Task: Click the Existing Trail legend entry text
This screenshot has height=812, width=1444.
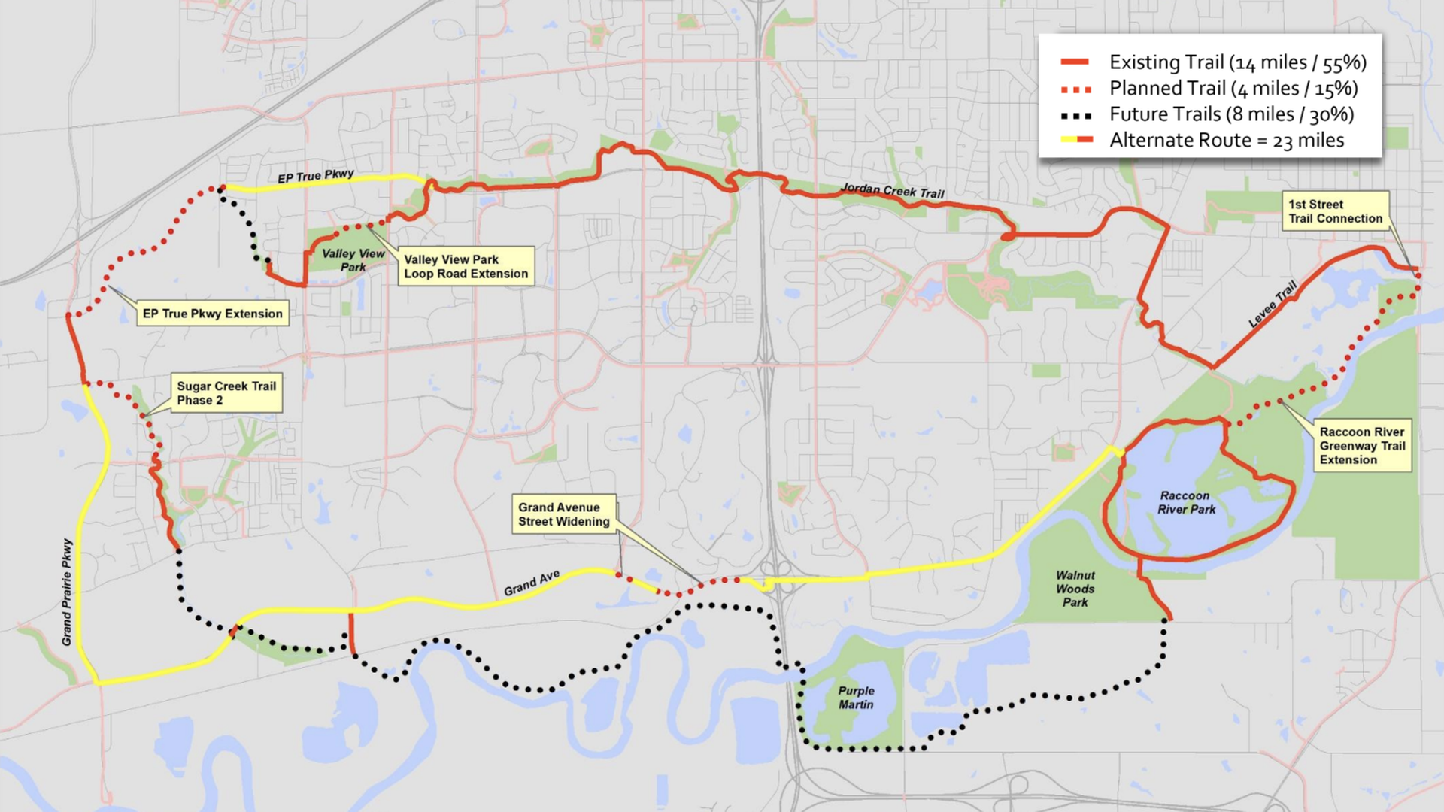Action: pyautogui.click(x=1237, y=62)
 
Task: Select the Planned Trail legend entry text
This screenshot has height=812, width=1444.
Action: pyautogui.click(x=1233, y=89)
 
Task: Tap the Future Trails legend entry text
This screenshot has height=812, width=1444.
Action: pyautogui.click(x=1231, y=114)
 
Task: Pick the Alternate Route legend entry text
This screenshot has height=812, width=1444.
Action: pyautogui.click(x=1226, y=141)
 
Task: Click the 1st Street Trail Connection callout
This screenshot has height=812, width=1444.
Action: pyautogui.click(x=1335, y=211)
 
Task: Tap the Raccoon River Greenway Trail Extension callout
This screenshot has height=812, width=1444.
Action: pyautogui.click(x=1362, y=446)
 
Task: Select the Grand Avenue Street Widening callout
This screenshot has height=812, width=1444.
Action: pyautogui.click(x=564, y=514)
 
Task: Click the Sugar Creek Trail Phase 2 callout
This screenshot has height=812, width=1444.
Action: pyautogui.click(x=226, y=393)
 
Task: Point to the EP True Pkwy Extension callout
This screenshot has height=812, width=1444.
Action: pyautogui.click(x=213, y=314)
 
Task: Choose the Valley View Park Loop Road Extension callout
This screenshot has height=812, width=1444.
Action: pyautogui.click(x=466, y=266)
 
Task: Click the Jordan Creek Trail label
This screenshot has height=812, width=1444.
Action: pyautogui.click(x=892, y=190)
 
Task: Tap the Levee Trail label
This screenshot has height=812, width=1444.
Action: pyautogui.click(x=1273, y=304)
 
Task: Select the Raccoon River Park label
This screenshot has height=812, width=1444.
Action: pyautogui.click(x=1186, y=502)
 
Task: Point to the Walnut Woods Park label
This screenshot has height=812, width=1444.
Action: pyautogui.click(x=1075, y=589)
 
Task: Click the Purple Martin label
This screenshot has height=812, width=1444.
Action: pyautogui.click(x=856, y=698)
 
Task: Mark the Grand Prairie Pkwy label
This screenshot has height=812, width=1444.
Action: pyautogui.click(x=67, y=592)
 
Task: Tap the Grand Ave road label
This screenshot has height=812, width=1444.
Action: pyautogui.click(x=532, y=583)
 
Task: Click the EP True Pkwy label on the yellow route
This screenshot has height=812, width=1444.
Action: pyautogui.click(x=316, y=177)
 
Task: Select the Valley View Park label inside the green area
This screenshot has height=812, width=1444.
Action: pyautogui.click(x=353, y=260)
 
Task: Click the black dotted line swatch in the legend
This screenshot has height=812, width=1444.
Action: pyautogui.click(x=1075, y=116)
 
